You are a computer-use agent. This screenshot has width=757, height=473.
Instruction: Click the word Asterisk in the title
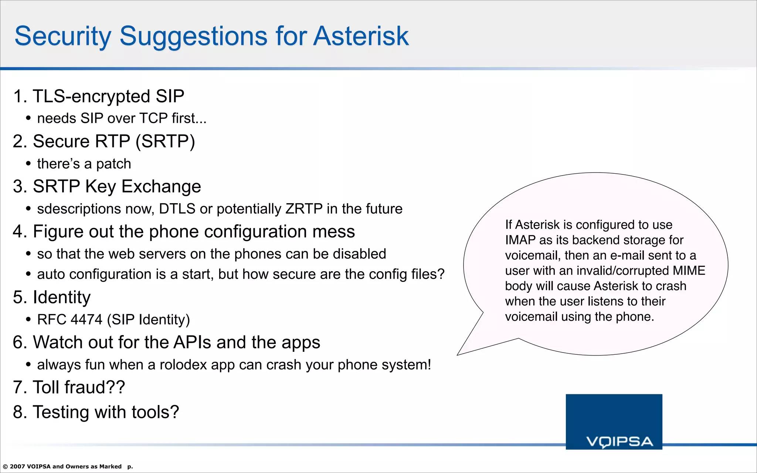[361, 36]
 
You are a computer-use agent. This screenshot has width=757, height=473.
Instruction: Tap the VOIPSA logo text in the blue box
[620, 442]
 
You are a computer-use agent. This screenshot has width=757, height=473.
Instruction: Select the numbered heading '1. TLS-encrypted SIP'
[98, 96]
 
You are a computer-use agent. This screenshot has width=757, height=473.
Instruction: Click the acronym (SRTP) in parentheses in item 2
[165, 142]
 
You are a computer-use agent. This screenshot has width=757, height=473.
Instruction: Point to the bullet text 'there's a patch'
[84, 164]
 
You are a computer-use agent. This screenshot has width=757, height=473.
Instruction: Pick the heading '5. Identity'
[52, 297]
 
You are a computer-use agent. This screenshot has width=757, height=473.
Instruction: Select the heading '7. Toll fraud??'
[69, 388]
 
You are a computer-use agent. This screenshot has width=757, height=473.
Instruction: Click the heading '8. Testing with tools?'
[96, 412]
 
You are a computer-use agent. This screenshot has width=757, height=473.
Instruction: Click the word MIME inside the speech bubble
[689, 271]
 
